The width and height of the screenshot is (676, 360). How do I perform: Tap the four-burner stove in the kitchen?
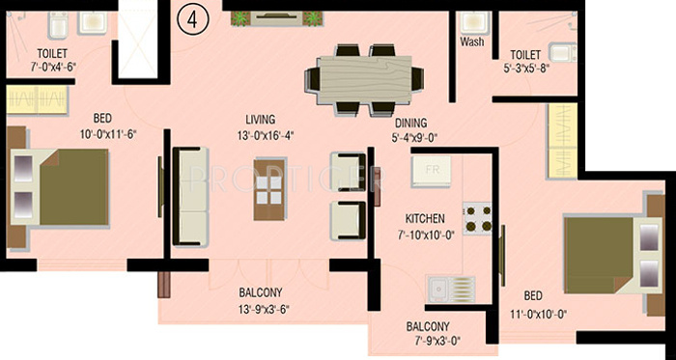point(477,218)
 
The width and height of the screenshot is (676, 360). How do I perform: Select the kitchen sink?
point(450,288)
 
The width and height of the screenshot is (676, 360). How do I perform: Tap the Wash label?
point(472,42)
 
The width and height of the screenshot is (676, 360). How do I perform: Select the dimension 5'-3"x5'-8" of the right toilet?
point(526,69)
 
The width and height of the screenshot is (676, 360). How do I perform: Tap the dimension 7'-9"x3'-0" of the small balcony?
point(427,341)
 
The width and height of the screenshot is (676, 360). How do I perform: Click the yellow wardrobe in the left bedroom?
point(38,100)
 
